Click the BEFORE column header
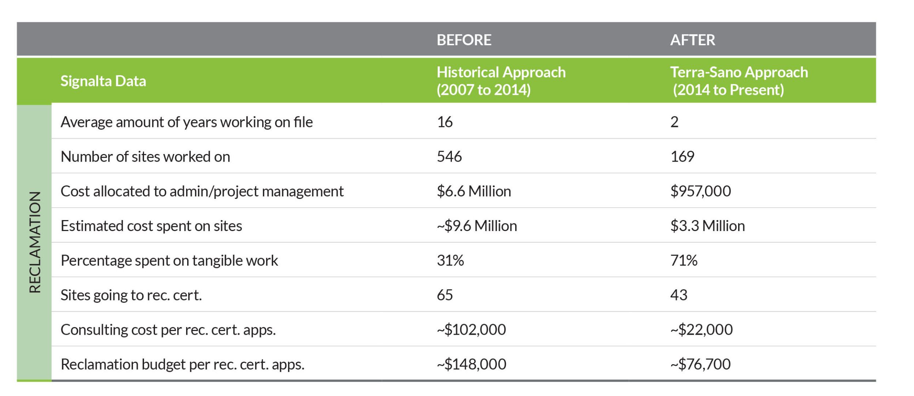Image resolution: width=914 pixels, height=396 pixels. click(x=464, y=40)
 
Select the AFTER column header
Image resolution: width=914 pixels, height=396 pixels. click(x=692, y=40)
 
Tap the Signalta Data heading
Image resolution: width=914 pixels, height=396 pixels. click(x=103, y=81)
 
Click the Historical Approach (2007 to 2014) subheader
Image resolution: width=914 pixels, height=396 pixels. click(x=501, y=81)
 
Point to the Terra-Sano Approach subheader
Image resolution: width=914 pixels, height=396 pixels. click(x=739, y=81)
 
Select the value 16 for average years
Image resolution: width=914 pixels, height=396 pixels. click(x=445, y=122)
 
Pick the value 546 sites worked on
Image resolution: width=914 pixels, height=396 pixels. click(x=449, y=157)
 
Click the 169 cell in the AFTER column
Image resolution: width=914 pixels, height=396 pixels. click(x=682, y=157)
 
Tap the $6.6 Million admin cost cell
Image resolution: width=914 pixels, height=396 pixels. click(x=474, y=191)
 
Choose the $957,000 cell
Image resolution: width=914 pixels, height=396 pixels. click(x=700, y=191)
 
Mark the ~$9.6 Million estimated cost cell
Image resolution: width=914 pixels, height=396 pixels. click(x=477, y=226)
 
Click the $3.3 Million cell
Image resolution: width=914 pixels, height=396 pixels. click(x=707, y=226)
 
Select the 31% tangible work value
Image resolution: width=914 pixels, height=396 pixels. click(x=450, y=261)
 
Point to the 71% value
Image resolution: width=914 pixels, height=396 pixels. click(x=684, y=261)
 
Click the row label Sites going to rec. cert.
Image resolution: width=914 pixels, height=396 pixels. click(x=131, y=295)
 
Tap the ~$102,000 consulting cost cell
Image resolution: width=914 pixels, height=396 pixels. click(x=471, y=330)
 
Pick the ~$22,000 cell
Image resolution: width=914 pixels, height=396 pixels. click(x=701, y=330)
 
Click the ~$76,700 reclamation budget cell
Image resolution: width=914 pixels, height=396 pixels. click(x=700, y=364)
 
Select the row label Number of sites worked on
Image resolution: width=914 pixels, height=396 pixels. click(x=145, y=157)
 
